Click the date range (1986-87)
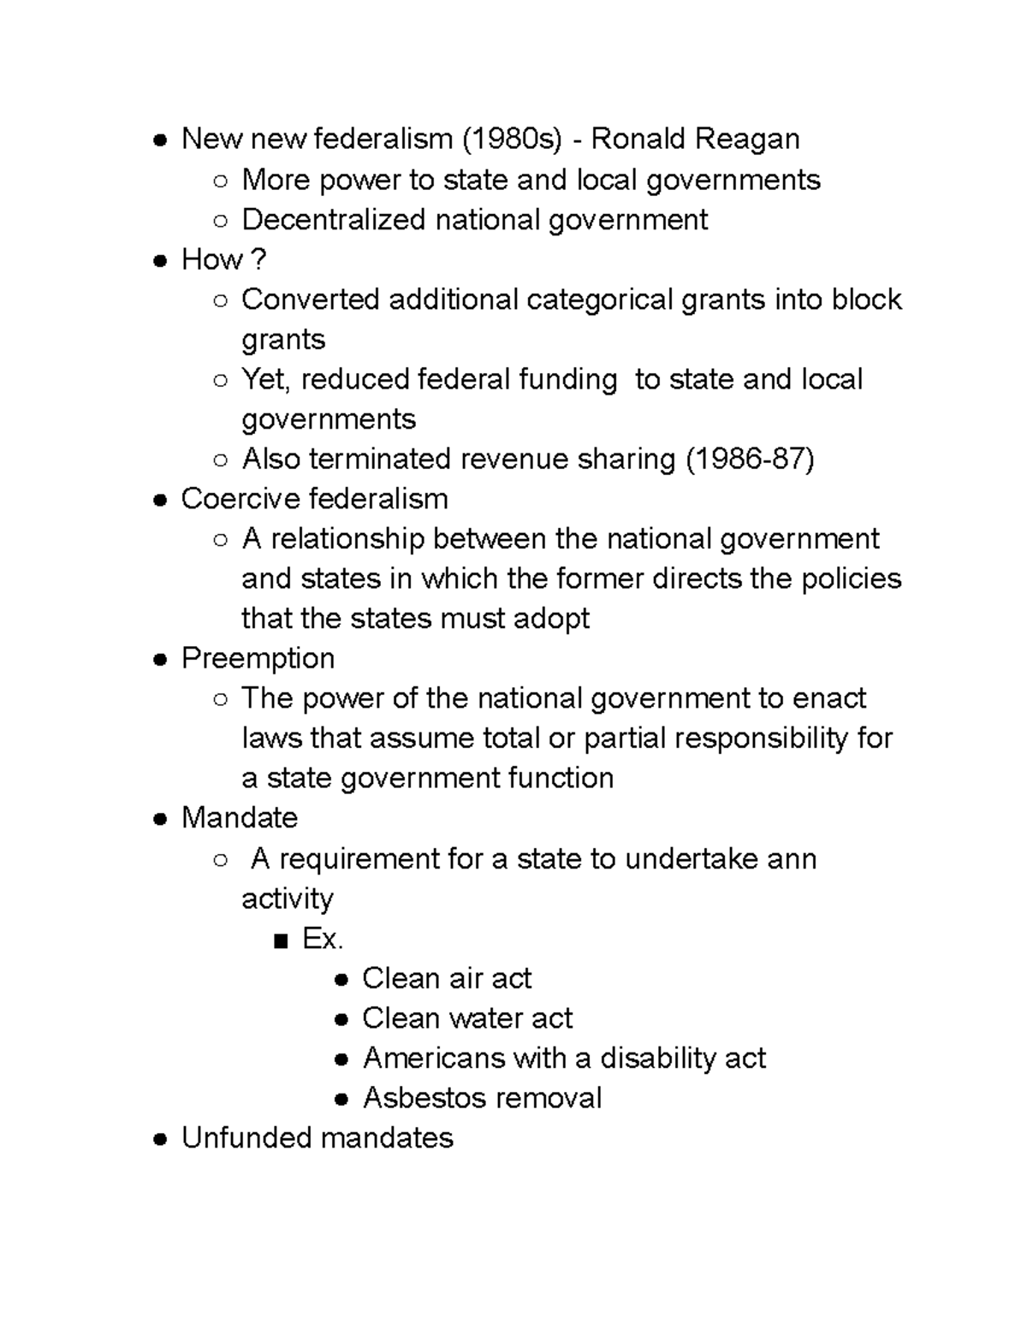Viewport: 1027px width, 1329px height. point(750,460)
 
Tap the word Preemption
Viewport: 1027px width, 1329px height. point(258,658)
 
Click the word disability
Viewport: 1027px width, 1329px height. point(657,1059)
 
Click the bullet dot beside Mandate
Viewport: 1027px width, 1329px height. point(160,819)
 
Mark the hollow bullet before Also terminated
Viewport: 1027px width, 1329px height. point(221,460)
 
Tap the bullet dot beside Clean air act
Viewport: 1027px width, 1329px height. point(341,980)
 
